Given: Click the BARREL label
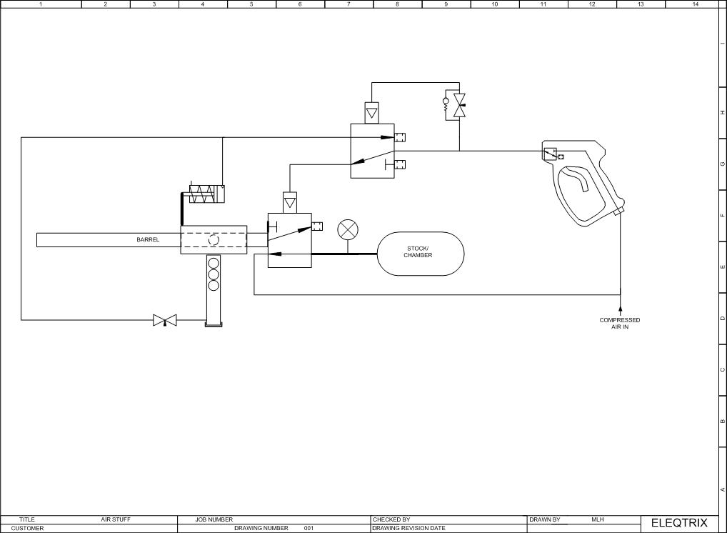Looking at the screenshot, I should (x=148, y=240).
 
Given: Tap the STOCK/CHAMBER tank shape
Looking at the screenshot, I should (x=421, y=254).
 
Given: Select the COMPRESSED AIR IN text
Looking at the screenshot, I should (x=620, y=324).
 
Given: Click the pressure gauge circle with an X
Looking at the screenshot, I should (x=348, y=230).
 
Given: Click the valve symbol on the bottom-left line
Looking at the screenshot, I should (x=165, y=320).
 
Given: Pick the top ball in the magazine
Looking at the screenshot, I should (x=214, y=263).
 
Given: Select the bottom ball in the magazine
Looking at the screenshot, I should (x=214, y=285).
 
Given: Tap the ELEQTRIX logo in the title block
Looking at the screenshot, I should (x=679, y=523).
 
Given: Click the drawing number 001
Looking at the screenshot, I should (x=309, y=529).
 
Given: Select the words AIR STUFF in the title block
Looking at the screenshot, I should (x=116, y=519).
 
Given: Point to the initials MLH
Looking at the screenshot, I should (x=598, y=519).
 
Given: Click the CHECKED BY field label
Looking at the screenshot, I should (x=391, y=519).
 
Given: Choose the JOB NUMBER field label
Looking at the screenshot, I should (x=214, y=519).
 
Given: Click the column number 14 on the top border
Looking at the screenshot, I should (x=695, y=4).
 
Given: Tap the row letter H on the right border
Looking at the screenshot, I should (x=723, y=113).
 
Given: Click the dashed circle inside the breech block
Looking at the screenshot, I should (x=214, y=240).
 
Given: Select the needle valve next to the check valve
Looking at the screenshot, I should (x=460, y=105).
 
